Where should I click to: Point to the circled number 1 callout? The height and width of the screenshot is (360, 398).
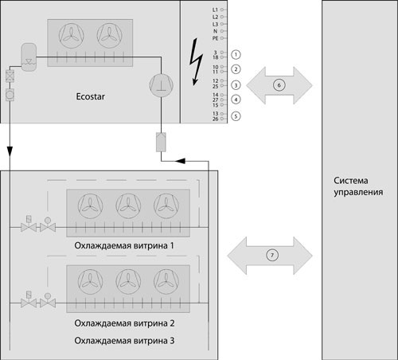click(236, 53)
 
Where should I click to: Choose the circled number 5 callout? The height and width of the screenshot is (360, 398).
click(236, 116)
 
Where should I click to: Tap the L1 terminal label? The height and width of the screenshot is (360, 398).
click(215, 8)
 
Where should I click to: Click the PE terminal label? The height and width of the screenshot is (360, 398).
click(215, 37)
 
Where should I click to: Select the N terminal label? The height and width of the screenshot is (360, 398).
click(216, 30)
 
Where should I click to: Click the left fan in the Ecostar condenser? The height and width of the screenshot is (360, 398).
click(73, 34)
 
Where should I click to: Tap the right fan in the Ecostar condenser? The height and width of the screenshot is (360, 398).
click(111, 34)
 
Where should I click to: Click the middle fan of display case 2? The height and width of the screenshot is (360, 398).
click(128, 280)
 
